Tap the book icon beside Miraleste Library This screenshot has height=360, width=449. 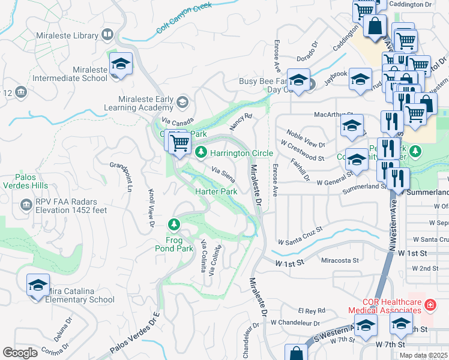(x=107, y=35)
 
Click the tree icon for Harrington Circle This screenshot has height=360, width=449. (x=202, y=153)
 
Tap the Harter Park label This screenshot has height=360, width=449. (x=217, y=191)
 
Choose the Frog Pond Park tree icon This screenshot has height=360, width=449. (x=174, y=224)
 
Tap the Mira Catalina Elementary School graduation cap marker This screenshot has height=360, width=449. (x=38, y=284)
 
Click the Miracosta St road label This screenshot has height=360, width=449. (x=340, y=260)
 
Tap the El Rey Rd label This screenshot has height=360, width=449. (x=312, y=310)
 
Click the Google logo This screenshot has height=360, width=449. (x=20, y=353)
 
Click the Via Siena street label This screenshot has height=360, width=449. (x=223, y=174)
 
